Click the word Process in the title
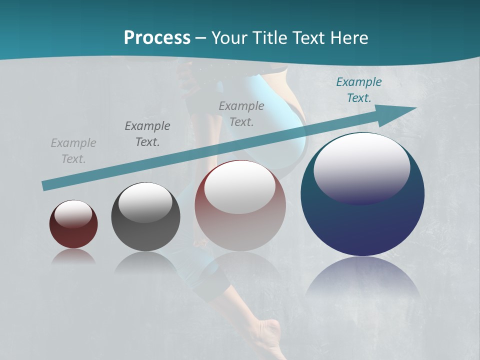pos(157,38)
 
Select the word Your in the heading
pos(230,38)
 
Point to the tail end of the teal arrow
pos(46,185)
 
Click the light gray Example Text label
pos(73,151)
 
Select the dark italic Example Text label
pos(147,134)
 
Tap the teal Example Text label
pos(359,90)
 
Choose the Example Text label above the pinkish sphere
pos(241,113)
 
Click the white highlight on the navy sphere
pos(361,167)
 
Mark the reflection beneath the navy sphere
pos(362,277)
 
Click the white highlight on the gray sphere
pos(145,202)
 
